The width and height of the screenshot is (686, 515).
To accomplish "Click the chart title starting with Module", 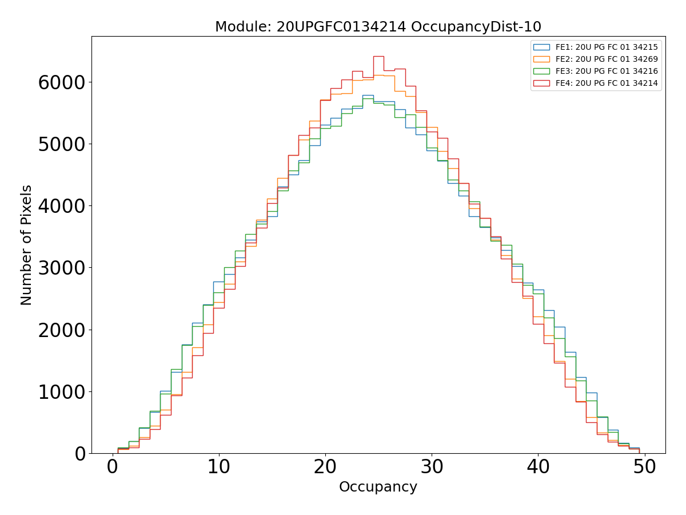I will [x=378, y=27].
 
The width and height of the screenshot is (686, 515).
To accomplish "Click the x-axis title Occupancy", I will [x=378, y=487].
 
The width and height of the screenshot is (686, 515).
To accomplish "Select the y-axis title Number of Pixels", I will [x=26, y=245].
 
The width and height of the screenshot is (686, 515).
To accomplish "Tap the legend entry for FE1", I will [x=607, y=47].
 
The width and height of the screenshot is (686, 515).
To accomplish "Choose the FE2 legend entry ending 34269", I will [x=607, y=59].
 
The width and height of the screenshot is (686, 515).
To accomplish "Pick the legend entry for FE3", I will [x=607, y=71].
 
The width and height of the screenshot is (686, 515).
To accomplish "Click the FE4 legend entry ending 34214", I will [x=607, y=83].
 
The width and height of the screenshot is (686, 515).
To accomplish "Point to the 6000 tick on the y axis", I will [x=62, y=82].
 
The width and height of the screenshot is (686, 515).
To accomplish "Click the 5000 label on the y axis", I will [x=62, y=144].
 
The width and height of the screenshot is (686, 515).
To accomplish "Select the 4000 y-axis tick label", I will [x=62, y=205].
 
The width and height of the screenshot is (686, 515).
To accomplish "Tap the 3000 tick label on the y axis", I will [x=62, y=268].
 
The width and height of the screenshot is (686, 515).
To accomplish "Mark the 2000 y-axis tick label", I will [x=62, y=330].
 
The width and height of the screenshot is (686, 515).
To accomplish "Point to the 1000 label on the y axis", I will [x=62, y=391].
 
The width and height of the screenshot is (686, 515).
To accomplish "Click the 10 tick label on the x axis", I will [x=218, y=467].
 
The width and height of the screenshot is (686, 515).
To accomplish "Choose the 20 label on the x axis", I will [x=325, y=467].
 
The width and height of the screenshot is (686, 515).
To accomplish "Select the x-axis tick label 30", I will [x=432, y=467].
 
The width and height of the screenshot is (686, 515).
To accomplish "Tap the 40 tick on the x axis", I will [x=538, y=467].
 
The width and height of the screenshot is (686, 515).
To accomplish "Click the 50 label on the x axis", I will [x=644, y=467].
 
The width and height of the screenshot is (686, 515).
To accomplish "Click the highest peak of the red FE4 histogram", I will [x=378, y=56].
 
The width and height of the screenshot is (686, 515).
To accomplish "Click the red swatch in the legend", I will [x=541, y=83].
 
